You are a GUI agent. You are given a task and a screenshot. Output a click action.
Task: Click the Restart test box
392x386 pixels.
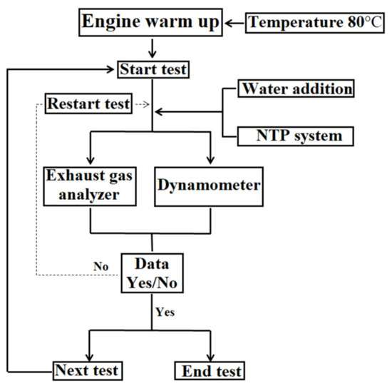(x=88, y=104)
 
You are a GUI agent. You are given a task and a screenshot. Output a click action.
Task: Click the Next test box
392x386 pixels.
(x=87, y=370)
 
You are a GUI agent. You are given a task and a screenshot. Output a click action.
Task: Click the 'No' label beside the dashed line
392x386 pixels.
(x=100, y=265)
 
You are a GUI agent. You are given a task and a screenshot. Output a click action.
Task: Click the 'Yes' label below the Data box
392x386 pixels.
(x=164, y=312)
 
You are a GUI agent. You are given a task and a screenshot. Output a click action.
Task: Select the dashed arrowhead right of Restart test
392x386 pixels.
(x=145, y=104)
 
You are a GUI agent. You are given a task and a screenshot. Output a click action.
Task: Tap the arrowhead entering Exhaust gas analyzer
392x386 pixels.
(x=91, y=158)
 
